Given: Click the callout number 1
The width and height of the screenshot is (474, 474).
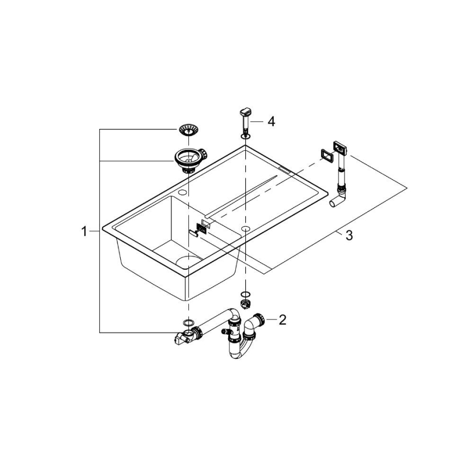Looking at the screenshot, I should [x=84, y=232].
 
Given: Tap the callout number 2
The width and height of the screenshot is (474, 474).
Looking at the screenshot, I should [x=282, y=319].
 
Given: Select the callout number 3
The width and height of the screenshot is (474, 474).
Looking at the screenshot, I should [x=348, y=235].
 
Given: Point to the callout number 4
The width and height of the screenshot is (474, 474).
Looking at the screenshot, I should [x=271, y=121].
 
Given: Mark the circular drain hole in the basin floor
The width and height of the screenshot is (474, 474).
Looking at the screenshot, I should [x=188, y=262].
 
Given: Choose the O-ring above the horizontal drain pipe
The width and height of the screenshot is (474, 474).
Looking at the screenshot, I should [x=188, y=322].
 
